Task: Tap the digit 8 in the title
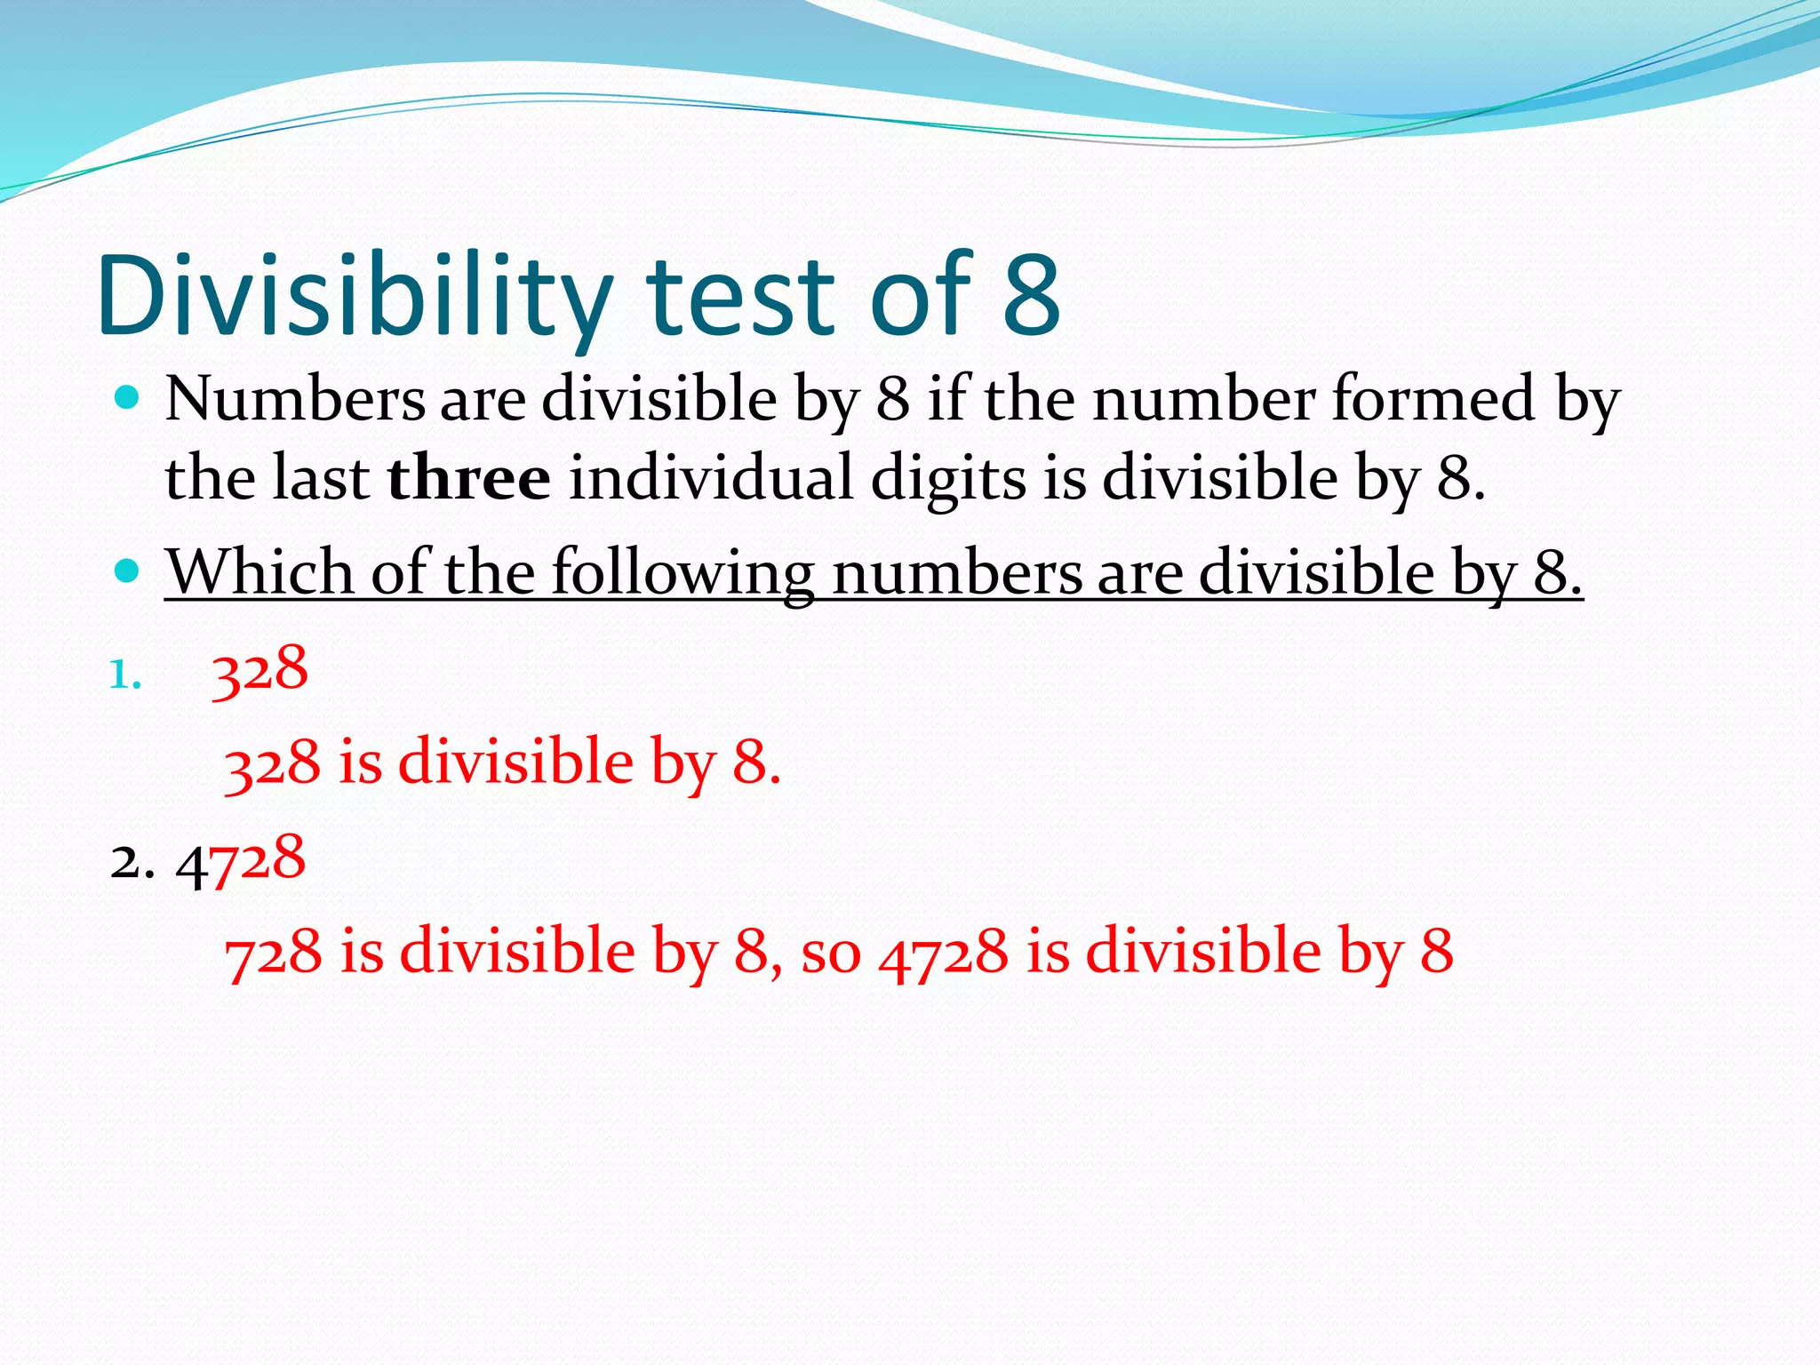pos(1032,295)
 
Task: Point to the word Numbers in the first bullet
pos(295,399)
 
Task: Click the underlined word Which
pos(259,571)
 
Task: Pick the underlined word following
pos(682,571)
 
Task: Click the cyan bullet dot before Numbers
pos(128,397)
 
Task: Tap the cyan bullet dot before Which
pos(128,570)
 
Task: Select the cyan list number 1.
pos(124,677)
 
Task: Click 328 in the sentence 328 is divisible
pos(272,763)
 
